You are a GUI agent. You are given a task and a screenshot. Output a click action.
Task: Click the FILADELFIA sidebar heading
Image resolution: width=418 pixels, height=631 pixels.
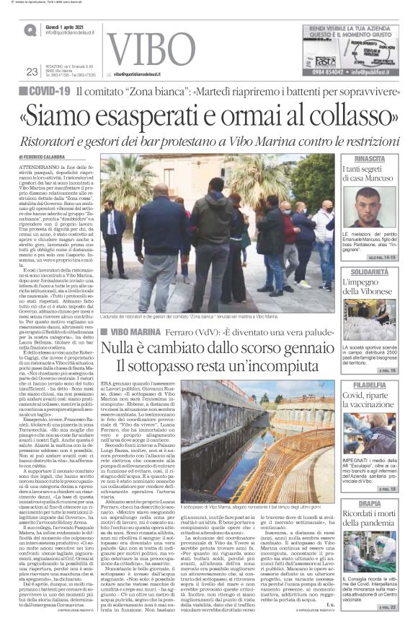[372, 386]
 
